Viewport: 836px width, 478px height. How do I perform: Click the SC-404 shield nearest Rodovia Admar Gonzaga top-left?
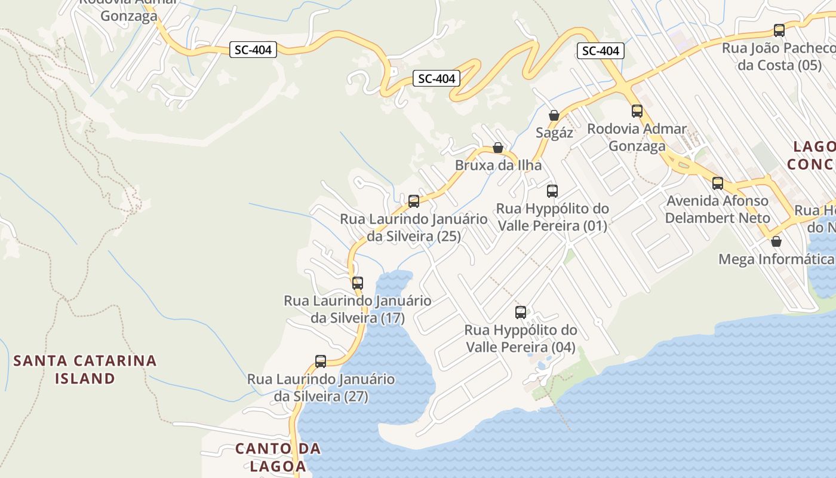point(253,50)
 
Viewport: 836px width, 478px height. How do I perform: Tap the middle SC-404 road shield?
point(437,78)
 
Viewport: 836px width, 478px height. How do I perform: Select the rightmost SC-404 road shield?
point(601,51)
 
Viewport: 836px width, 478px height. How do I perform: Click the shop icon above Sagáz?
point(554,115)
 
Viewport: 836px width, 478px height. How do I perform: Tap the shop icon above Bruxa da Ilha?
point(498,148)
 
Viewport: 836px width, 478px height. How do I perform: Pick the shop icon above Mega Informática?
point(776,241)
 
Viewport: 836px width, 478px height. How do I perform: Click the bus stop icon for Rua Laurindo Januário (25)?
point(414,201)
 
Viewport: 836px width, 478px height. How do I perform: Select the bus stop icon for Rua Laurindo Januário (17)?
point(358,283)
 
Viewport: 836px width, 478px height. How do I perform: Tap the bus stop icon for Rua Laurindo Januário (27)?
point(321,361)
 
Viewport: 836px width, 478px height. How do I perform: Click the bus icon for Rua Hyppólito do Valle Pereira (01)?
point(552,191)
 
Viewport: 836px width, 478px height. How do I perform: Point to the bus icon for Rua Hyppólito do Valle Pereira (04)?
point(521,312)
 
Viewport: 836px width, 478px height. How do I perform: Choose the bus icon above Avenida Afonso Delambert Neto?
point(718,183)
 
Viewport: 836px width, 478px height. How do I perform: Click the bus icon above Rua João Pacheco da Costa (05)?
point(779,30)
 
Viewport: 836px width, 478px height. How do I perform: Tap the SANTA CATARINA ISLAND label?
point(85,369)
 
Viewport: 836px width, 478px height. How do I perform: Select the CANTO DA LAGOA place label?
point(278,457)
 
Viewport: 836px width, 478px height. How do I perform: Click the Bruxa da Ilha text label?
point(498,165)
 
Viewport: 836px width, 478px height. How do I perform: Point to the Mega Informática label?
point(776,259)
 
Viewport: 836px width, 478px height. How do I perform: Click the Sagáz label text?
point(554,133)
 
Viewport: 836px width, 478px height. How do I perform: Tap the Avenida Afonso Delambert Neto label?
point(717,209)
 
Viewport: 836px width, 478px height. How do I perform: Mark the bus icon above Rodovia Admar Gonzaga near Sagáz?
point(637,111)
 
